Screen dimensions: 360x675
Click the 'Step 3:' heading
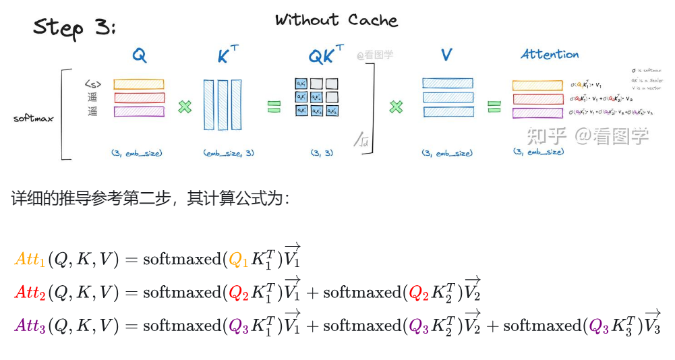(x=74, y=28)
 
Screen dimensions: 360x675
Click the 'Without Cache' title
(x=336, y=20)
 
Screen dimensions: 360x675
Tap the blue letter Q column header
(x=139, y=56)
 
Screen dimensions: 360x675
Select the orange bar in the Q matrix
(x=139, y=84)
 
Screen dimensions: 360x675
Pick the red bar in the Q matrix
(x=139, y=98)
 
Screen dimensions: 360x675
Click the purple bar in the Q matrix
(x=139, y=111)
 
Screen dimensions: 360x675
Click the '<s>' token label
(x=93, y=84)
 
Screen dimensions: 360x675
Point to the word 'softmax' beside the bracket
(x=34, y=119)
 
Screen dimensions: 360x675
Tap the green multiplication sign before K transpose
(x=185, y=106)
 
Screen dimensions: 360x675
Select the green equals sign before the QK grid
(x=273, y=106)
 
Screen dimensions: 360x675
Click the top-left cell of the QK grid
(x=301, y=84)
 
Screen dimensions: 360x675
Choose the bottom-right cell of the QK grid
(x=332, y=110)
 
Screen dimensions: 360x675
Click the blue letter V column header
(x=446, y=55)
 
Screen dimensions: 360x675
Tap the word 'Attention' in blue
(x=550, y=55)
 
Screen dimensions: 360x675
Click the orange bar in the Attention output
(x=537, y=85)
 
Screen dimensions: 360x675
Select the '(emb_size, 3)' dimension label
(x=229, y=153)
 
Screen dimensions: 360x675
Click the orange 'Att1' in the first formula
(x=30, y=260)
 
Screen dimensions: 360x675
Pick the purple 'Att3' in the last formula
(x=30, y=326)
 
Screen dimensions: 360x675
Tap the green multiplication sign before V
(x=397, y=106)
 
